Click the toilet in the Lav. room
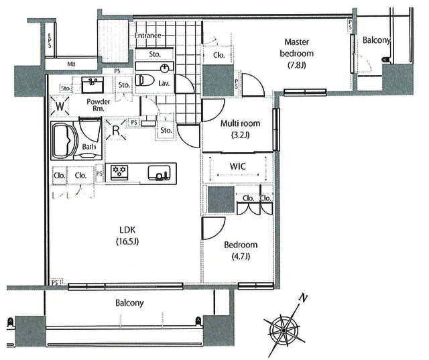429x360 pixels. point(145,80)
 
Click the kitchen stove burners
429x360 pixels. point(121,172)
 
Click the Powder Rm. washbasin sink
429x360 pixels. point(93,84)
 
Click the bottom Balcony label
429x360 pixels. point(129,302)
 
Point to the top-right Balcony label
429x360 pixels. point(376,40)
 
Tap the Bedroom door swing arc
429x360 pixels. point(216,227)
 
